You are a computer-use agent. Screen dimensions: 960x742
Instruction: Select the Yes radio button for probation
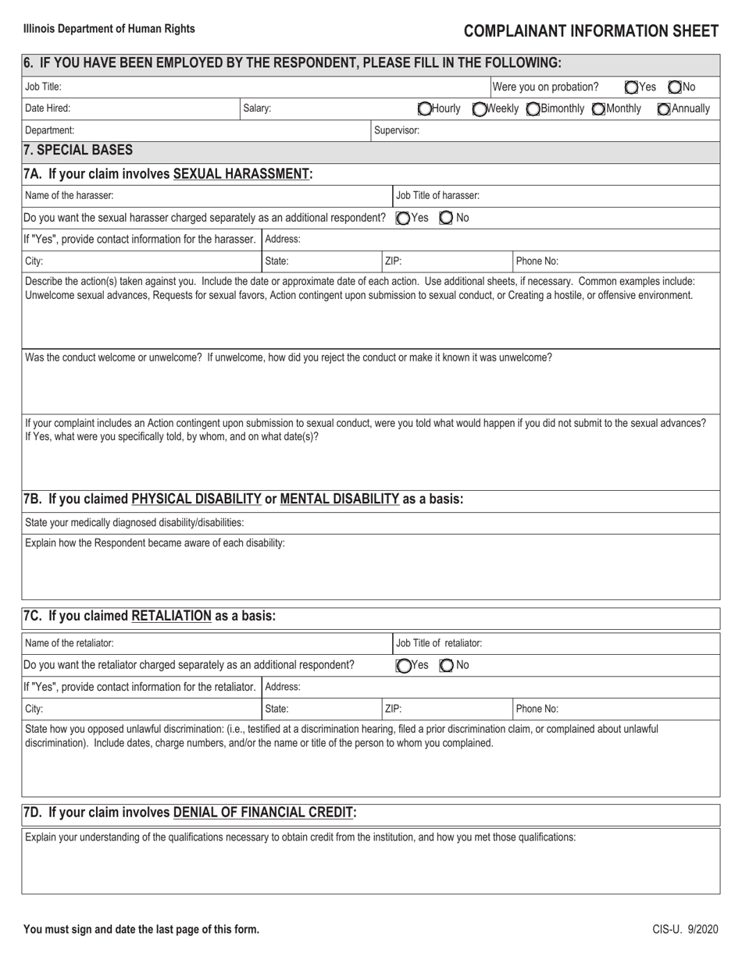631,87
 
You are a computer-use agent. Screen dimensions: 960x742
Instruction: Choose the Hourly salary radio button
425,109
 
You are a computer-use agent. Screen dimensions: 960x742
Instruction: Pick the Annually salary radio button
664,109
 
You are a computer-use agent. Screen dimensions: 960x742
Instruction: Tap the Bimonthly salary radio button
533,109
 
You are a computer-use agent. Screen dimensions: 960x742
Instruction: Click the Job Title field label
43,87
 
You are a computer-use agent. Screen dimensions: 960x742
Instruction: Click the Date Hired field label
48,109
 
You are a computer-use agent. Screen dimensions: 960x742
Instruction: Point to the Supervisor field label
397,130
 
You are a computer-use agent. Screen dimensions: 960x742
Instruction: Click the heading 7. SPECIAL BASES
78,150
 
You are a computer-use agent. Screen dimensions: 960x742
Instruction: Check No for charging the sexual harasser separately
447,218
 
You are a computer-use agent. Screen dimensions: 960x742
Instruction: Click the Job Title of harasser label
437,196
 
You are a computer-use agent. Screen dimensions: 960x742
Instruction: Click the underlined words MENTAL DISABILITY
339,499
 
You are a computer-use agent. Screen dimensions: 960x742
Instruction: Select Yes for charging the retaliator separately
403,666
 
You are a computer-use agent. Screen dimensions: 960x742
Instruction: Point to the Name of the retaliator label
70,643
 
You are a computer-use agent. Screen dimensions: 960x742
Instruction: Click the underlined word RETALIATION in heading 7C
171,616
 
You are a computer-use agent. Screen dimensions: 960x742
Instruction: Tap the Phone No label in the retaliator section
537,709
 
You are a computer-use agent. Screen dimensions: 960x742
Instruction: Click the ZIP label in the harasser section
394,261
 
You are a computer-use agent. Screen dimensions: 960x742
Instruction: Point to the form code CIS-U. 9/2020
685,929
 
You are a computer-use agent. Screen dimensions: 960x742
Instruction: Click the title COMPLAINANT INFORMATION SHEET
590,31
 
